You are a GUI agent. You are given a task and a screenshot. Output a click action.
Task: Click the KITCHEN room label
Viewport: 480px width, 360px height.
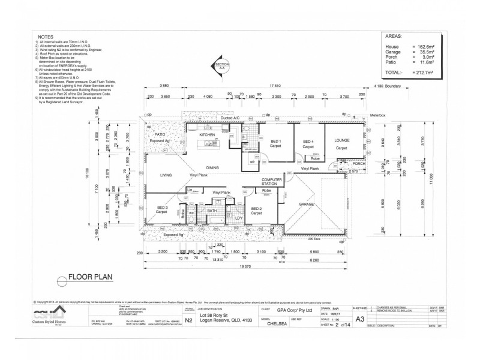coord(206,135)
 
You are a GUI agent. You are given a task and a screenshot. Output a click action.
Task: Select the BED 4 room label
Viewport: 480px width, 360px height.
coord(308,141)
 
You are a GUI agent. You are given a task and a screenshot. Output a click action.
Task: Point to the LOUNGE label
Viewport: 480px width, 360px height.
coord(341,140)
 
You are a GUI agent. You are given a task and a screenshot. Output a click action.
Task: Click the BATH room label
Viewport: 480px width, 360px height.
coord(212,211)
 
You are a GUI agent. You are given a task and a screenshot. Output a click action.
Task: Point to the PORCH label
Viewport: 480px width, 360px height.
coord(358,163)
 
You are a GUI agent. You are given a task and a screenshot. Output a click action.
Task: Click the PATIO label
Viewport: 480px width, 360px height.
coord(159,135)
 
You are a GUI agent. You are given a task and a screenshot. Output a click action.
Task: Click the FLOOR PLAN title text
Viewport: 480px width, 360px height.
coord(91,278)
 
